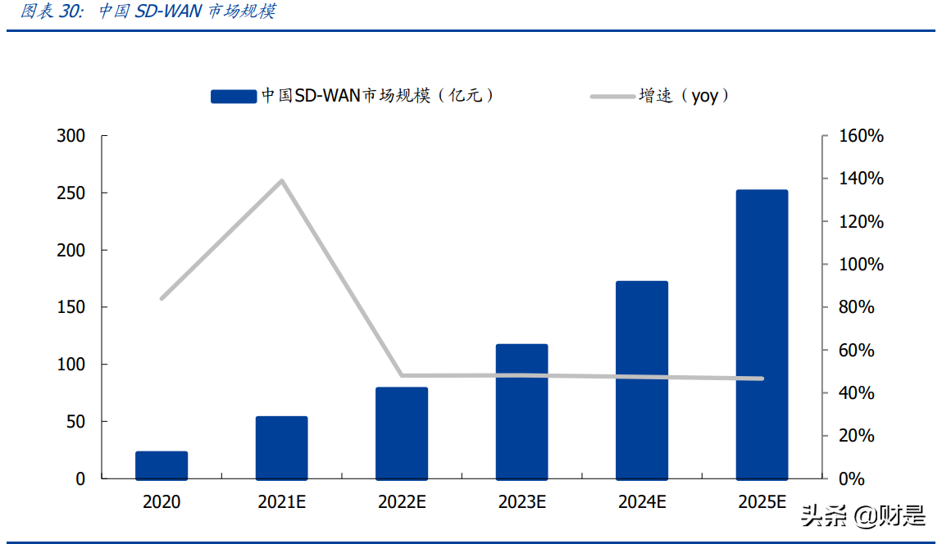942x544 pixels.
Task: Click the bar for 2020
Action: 162,465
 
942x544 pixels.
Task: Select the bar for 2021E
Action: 281,448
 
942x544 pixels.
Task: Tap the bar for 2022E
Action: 402,433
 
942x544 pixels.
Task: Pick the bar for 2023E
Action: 521,411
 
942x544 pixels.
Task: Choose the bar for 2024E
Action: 642,380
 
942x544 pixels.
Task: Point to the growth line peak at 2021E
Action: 281,181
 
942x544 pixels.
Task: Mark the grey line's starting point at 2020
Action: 162,298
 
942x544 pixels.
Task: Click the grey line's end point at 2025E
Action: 762,379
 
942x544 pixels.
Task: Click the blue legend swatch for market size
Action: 234,97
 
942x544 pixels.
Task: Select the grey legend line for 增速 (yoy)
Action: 612,97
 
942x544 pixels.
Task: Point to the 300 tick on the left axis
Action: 71,136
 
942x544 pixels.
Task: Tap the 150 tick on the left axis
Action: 71,307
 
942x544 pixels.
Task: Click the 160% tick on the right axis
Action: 862,136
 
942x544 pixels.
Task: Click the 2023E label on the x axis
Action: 521,502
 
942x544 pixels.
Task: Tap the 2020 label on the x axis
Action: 162,502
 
